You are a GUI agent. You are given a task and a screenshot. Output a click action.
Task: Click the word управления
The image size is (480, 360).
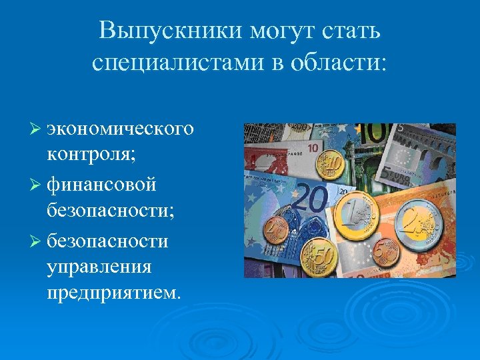99,267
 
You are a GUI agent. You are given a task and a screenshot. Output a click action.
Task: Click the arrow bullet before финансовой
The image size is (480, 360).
37,183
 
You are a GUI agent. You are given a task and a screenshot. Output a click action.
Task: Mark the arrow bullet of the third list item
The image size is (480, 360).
37,240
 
